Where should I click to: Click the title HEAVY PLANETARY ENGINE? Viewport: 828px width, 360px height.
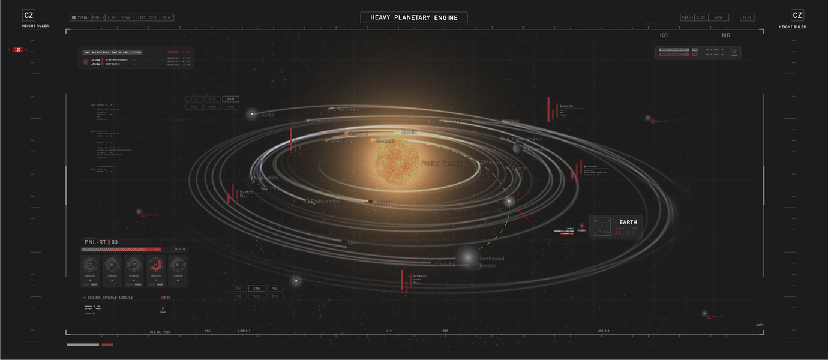click(413, 17)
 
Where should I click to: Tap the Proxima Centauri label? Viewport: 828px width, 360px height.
click(440, 163)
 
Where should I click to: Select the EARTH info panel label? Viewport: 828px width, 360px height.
click(628, 223)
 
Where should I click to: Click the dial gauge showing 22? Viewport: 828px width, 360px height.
click(90, 264)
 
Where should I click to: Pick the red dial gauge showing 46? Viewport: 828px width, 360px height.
click(155, 264)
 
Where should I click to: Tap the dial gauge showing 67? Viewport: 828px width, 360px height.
click(177, 264)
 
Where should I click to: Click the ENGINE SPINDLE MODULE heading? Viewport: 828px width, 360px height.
click(110, 298)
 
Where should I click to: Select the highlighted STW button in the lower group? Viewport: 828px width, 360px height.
click(256, 289)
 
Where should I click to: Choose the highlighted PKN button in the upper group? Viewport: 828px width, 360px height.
click(230, 99)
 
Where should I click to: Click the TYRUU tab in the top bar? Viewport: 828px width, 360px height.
click(80, 18)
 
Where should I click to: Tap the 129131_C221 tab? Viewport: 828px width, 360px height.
click(146, 18)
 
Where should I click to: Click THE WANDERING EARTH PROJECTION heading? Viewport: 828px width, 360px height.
click(113, 53)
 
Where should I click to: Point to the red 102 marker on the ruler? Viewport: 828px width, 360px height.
click(18, 50)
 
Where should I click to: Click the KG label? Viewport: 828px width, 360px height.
click(664, 36)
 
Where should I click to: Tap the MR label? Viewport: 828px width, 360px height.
click(726, 36)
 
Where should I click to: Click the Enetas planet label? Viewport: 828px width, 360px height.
click(266, 115)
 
